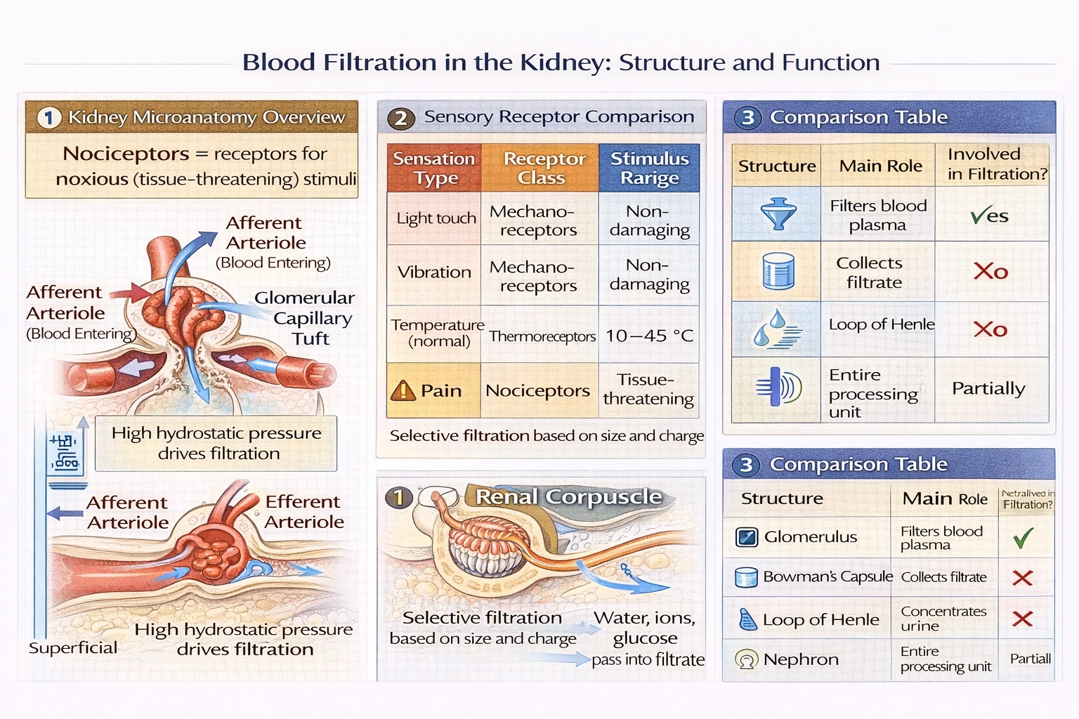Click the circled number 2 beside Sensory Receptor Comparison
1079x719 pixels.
click(400, 118)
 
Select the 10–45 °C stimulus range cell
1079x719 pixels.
click(649, 336)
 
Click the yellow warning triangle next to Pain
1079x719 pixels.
click(403, 390)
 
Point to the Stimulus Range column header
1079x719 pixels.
click(649, 169)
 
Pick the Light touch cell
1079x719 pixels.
click(436, 218)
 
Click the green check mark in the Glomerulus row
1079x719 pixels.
click(1023, 538)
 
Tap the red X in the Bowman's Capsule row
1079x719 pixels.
click(1022, 578)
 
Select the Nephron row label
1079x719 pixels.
click(800, 659)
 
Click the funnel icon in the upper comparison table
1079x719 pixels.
click(778, 213)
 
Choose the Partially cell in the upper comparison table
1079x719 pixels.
click(988, 388)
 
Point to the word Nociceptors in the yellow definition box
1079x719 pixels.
click(126, 154)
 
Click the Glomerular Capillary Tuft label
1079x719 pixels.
click(305, 318)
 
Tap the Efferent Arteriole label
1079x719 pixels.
click(303, 512)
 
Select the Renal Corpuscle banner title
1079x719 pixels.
click(568, 497)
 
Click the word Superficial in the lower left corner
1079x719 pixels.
click(73, 647)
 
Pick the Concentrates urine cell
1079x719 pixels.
click(943, 619)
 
